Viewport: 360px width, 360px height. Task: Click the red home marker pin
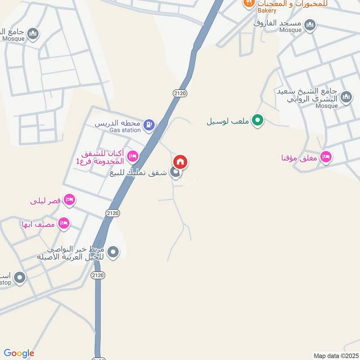click(x=180, y=162)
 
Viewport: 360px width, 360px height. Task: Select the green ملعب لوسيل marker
click(x=257, y=120)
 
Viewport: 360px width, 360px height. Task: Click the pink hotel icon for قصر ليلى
click(x=69, y=200)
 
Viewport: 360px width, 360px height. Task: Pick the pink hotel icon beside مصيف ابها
click(x=63, y=224)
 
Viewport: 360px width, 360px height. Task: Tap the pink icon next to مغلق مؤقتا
click(x=327, y=157)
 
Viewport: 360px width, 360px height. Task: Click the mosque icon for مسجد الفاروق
click(x=310, y=25)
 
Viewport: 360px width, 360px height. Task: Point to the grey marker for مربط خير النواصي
click(x=113, y=252)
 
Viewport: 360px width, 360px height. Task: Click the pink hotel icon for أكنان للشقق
click(x=133, y=156)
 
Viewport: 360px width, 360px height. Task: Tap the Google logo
click(x=19, y=353)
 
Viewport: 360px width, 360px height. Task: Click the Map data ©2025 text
click(x=335, y=355)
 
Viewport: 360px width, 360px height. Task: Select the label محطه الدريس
click(x=118, y=123)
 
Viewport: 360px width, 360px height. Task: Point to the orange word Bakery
click(x=267, y=10)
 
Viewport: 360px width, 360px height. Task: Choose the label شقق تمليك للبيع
click(x=139, y=172)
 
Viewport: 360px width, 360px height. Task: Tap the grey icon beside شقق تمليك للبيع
click(x=175, y=172)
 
